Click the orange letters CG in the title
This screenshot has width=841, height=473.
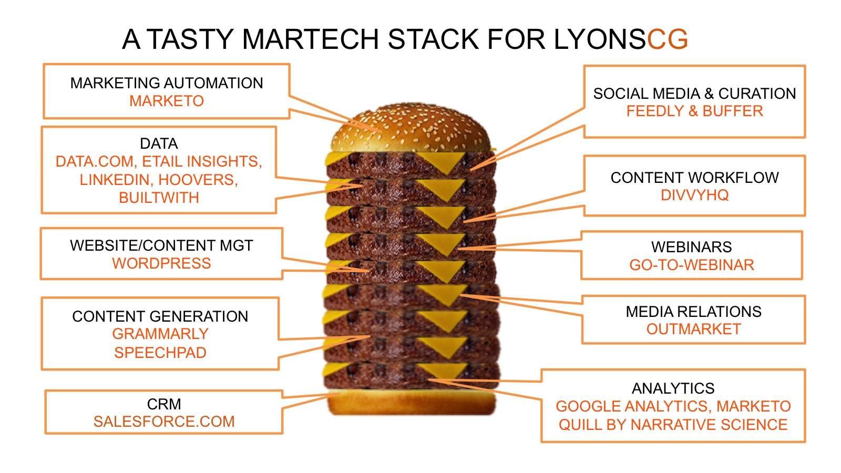point(667,39)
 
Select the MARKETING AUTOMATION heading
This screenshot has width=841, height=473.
point(167,83)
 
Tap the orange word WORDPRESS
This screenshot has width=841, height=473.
point(161,263)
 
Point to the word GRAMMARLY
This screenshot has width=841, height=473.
point(160,334)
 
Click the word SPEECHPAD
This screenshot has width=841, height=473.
point(160,353)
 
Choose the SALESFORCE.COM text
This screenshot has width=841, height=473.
point(164,421)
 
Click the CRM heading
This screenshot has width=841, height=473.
point(164,404)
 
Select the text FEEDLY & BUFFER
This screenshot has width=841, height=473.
point(694,111)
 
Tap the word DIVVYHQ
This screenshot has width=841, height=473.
point(694,195)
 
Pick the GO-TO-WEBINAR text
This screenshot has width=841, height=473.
point(692,265)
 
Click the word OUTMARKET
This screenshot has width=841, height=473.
point(693,329)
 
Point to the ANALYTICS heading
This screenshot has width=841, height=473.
point(673,388)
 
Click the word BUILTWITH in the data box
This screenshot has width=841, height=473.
point(159,198)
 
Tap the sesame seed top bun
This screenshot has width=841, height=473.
point(410,129)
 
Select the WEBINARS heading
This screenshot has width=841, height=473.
point(692,247)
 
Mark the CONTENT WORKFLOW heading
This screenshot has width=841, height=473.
point(694,178)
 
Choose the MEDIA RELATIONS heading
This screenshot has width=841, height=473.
point(693,312)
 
